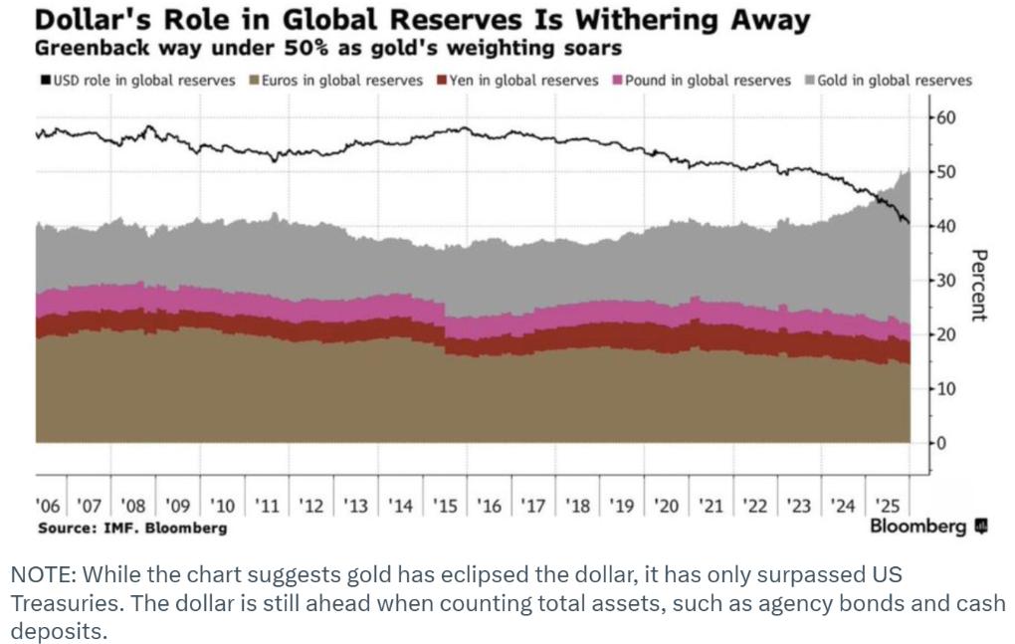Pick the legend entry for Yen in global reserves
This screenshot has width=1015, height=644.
click(519, 81)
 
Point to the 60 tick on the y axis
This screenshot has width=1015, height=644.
click(945, 118)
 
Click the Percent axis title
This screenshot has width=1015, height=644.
click(979, 285)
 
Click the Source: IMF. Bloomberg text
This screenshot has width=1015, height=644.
click(131, 528)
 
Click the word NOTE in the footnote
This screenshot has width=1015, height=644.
click(40, 576)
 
